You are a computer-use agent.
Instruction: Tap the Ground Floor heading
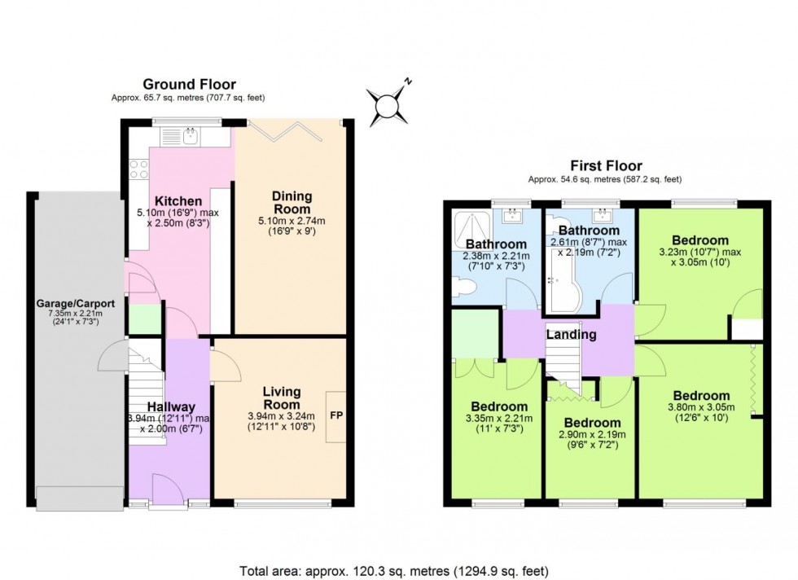(189, 84)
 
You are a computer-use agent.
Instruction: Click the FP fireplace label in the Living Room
(335, 415)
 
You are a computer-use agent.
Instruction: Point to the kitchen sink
(190, 135)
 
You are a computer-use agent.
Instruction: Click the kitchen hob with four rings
(138, 169)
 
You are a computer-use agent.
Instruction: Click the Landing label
(571, 334)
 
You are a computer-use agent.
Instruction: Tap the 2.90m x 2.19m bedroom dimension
(590, 436)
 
